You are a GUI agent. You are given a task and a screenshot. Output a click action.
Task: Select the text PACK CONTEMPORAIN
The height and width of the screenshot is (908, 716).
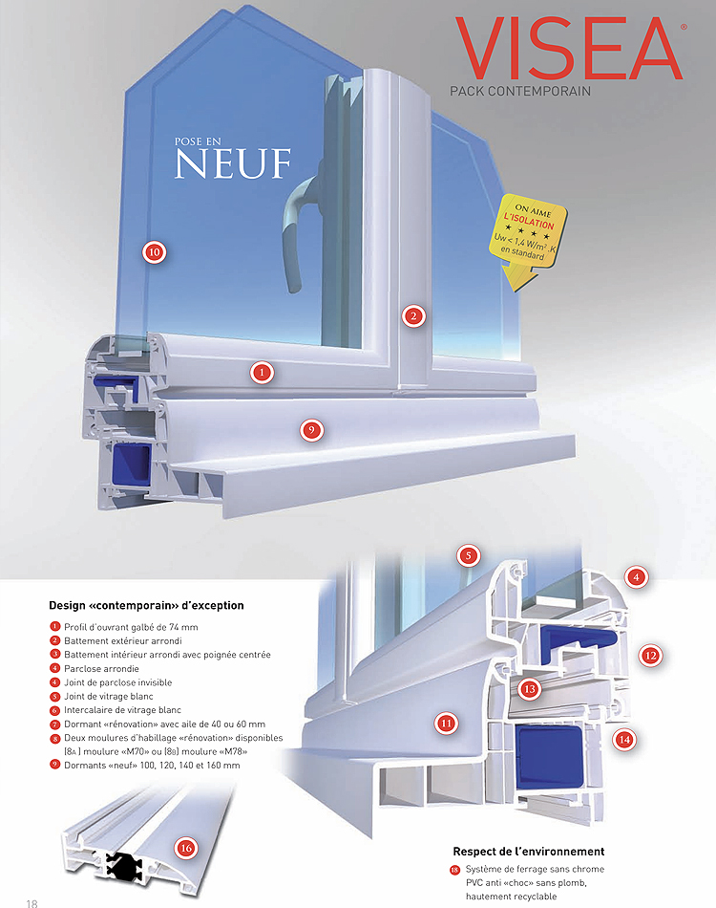[520, 92]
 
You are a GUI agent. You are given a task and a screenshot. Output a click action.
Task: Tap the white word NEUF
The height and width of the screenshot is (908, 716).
[232, 163]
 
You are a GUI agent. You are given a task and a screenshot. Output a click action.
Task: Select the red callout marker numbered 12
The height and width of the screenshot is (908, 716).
[651, 656]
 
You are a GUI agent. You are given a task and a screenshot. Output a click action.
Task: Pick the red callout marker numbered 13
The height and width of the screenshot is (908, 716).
[529, 688]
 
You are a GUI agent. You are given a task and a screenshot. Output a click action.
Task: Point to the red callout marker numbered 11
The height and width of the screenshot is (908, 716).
[446, 724]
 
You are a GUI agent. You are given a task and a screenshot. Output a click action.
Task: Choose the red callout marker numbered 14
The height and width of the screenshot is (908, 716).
[624, 738]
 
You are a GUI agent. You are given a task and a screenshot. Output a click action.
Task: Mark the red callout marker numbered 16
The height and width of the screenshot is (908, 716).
[186, 847]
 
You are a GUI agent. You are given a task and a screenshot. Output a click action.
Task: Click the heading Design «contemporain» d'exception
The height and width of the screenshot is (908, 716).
[146, 605]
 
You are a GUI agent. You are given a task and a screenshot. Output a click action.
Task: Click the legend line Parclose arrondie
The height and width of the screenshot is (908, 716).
[100, 668]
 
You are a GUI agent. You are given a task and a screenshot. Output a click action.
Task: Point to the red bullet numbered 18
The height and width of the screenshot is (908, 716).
[454, 871]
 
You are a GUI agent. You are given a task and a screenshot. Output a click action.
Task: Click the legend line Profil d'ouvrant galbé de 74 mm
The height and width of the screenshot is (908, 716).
[130, 626]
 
